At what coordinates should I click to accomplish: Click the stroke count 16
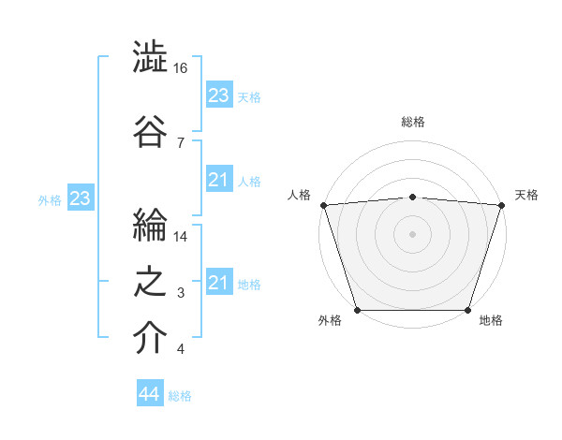pyautogui.click(x=181, y=68)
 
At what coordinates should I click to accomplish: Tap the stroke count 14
pyautogui.click(x=181, y=236)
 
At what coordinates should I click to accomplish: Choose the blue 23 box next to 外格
pyautogui.click(x=80, y=198)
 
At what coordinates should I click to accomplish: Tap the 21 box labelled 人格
pyautogui.click(x=218, y=179)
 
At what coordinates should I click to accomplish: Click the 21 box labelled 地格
pyautogui.click(x=218, y=283)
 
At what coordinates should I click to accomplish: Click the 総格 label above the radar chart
pyautogui.click(x=412, y=122)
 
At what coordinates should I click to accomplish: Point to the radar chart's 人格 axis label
pyautogui.click(x=300, y=195)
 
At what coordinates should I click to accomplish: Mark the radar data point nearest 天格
pyautogui.click(x=501, y=205)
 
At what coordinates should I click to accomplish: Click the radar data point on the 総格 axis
pyautogui.click(x=412, y=197)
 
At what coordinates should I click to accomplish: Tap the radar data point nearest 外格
pyautogui.click(x=357, y=310)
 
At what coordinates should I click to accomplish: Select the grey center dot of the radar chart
pyautogui.click(x=412, y=233)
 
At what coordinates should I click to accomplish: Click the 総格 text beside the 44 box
pyautogui.click(x=180, y=396)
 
